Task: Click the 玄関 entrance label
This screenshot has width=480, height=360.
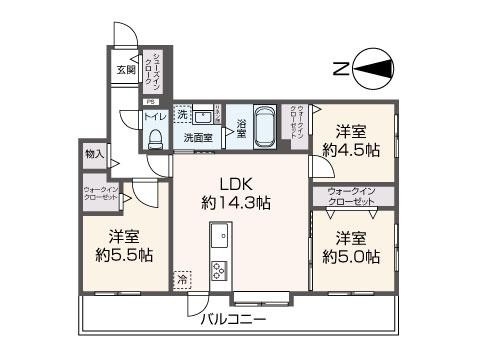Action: tap(125, 69)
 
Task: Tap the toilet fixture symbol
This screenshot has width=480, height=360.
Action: tap(154, 140)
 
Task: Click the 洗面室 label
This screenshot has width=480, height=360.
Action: tap(197, 137)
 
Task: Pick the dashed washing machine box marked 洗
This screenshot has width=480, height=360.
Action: tap(182, 114)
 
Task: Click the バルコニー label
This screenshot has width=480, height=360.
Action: tap(233, 320)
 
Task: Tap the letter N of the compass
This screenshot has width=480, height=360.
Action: tap(341, 68)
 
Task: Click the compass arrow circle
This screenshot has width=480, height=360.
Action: tap(370, 67)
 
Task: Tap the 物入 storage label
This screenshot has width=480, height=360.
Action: tap(95, 155)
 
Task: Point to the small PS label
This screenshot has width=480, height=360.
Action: tap(151, 101)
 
